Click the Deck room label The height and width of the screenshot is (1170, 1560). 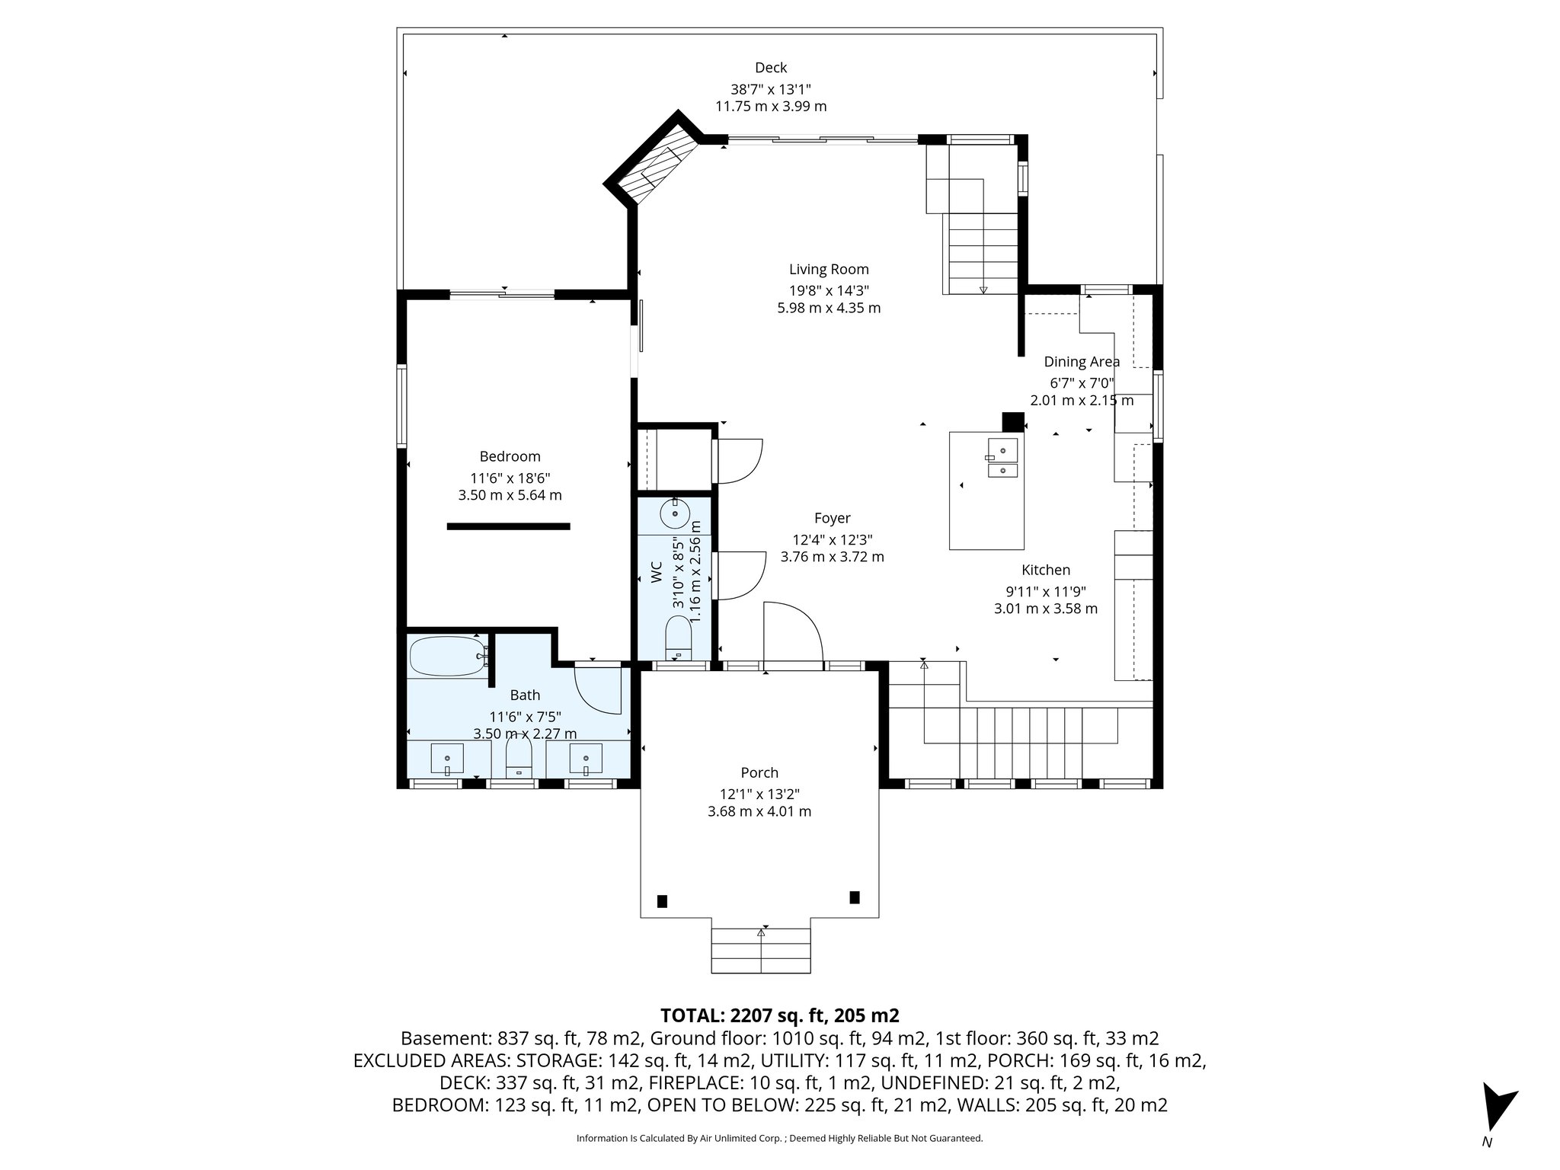(x=771, y=68)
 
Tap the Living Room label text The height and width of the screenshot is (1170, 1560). (x=829, y=269)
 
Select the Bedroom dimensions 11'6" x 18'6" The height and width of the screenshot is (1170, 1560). (x=510, y=478)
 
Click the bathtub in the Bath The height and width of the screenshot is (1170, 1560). (x=446, y=656)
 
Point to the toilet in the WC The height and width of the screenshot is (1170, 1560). (x=677, y=637)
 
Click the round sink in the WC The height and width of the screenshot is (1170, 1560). (x=675, y=513)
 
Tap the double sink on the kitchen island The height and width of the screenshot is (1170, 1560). (x=1003, y=457)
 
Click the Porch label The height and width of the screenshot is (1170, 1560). (x=759, y=772)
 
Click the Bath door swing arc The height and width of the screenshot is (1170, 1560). (x=599, y=689)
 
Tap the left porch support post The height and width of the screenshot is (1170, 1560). (x=662, y=901)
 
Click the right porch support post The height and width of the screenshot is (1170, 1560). (x=855, y=897)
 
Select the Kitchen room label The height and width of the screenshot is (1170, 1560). (x=1045, y=570)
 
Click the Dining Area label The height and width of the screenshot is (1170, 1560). (x=1081, y=362)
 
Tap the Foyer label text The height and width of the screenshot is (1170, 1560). (x=832, y=518)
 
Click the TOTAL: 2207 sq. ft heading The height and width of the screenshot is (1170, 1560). (x=779, y=1015)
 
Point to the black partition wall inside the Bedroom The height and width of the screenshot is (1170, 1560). (x=508, y=526)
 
